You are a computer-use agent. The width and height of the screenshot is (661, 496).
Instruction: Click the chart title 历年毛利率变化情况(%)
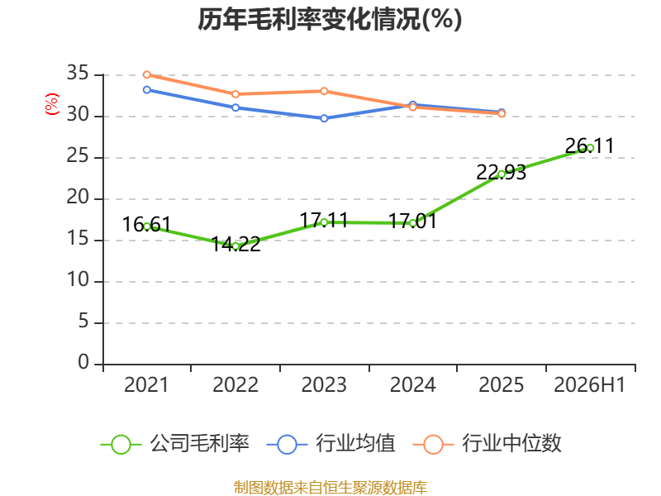(x=330, y=19)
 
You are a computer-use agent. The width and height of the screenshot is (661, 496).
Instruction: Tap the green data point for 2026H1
(x=590, y=148)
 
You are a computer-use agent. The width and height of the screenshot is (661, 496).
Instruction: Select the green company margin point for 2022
(x=235, y=246)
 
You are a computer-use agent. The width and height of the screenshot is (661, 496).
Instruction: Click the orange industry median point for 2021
(x=147, y=74)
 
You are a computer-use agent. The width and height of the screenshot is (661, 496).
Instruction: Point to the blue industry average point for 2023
(x=324, y=118)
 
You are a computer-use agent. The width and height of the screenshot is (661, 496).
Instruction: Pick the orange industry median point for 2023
(x=324, y=91)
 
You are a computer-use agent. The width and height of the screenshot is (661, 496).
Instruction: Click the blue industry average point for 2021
(x=147, y=90)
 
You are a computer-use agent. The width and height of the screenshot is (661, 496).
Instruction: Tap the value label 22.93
(x=502, y=173)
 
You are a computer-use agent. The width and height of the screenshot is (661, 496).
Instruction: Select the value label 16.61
(x=146, y=224)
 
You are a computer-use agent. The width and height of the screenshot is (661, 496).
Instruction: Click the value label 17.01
(x=412, y=221)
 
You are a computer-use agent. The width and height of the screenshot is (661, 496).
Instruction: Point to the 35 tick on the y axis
(x=78, y=74)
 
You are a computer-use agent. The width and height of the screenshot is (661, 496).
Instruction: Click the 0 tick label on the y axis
(x=83, y=362)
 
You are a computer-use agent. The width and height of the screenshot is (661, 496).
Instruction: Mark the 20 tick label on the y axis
(x=78, y=197)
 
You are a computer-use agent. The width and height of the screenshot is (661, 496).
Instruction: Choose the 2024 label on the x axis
(x=412, y=385)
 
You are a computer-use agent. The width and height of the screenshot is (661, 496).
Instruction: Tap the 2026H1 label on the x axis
(x=590, y=385)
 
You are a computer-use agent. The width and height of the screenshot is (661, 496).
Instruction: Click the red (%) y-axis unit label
(x=52, y=104)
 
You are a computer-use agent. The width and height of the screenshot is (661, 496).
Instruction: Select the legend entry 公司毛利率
(x=175, y=444)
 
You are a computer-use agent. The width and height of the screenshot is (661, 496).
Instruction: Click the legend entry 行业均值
(x=331, y=444)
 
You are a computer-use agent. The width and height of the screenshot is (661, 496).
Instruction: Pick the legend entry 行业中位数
(x=487, y=444)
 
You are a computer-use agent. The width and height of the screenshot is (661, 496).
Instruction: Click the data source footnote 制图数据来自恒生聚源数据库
(x=330, y=488)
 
